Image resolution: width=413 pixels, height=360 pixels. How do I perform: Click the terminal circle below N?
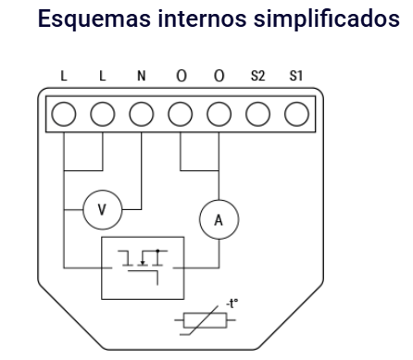141,113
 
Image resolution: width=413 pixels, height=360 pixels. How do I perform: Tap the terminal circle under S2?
257,113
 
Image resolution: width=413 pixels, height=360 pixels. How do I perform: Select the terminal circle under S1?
296,113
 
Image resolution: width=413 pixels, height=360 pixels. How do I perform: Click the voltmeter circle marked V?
102,211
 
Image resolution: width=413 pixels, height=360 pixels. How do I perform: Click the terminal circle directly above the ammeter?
219,113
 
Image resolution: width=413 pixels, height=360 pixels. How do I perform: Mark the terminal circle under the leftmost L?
63,113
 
